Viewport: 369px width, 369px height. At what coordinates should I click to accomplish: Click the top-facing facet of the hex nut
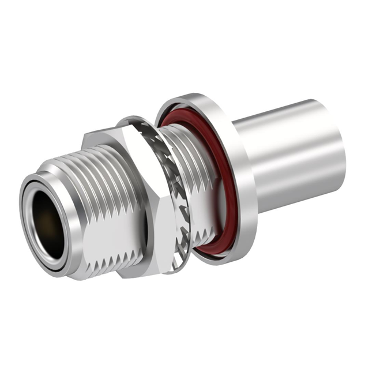(107, 138)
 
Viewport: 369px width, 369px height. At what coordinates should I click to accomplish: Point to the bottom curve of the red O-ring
(208, 251)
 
